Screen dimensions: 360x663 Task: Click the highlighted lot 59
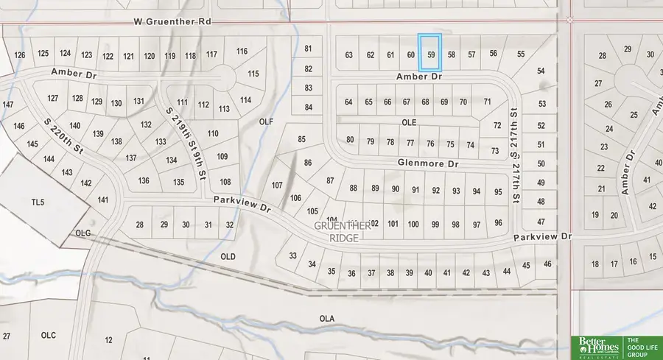coord(429,53)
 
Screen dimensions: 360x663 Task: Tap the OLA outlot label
coord(327,318)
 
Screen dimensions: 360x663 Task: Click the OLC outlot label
coord(49,336)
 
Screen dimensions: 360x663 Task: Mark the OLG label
coord(82,233)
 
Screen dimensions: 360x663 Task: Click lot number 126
coord(20,55)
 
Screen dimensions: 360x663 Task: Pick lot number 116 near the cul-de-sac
coord(242,52)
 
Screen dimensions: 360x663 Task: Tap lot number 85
coord(301,139)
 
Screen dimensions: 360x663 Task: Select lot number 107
coord(277,185)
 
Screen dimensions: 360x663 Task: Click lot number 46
coord(547,264)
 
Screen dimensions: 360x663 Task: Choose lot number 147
coord(8,105)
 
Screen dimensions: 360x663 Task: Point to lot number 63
coord(349,55)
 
